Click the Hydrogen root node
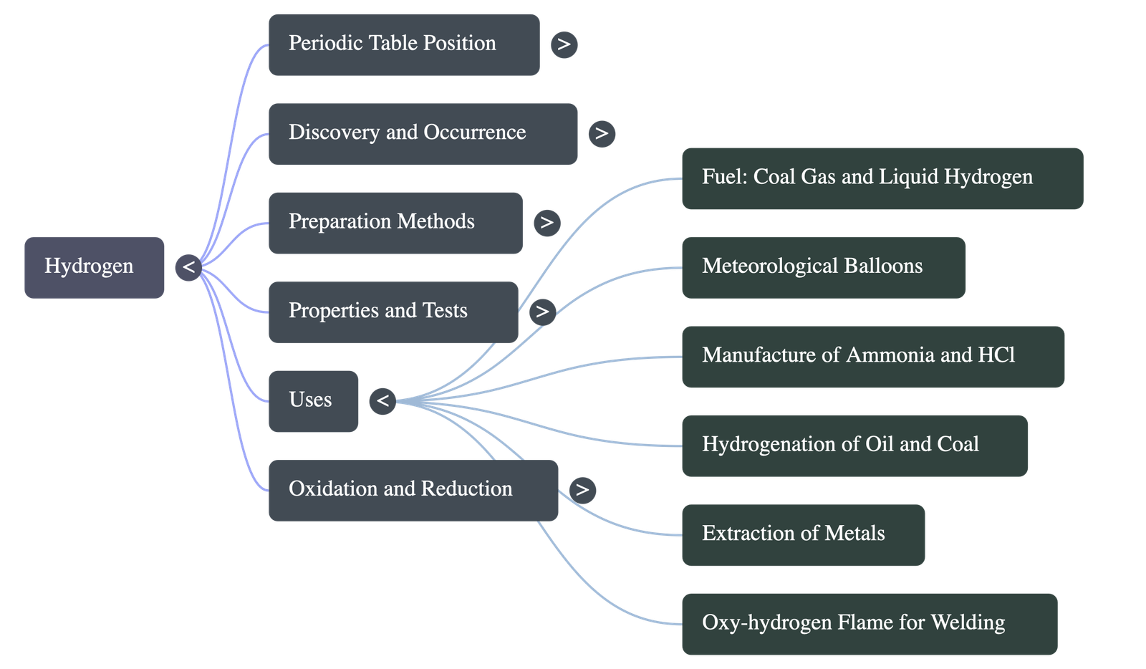click(x=94, y=266)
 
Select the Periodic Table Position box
click(x=403, y=44)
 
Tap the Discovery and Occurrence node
click(x=423, y=133)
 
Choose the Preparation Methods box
click(x=395, y=222)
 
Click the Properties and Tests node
click(x=393, y=311)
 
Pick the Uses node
click(x=313, y=400)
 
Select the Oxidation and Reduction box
click(x=413, y=489)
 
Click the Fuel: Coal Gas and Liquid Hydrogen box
click(x=881, y=178)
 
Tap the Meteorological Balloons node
click(x=822, y=266)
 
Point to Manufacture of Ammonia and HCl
click(x=872, y=356)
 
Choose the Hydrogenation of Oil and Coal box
click(x=854, y=445)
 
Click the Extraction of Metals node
click(x=802, y=534)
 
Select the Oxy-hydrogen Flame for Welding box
click(x=869, y=623)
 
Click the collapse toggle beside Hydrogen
click(x=188, y=267)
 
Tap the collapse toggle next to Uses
click(x=383, y=400)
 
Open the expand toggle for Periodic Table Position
click(x=564, y=44)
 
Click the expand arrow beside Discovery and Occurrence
click(x=602, y=133)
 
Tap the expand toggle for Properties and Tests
click(x=542, y=311)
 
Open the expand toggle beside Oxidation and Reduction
click(x=582, y=490)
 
